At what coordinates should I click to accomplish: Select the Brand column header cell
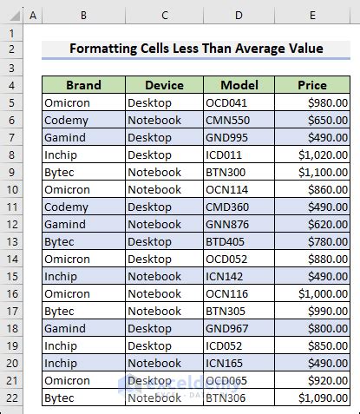pyautogui.click(x=83, y=85)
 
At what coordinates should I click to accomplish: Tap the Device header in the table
pyautogui.click(x=164, y=85)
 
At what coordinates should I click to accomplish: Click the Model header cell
pyautogui.click(x=239, y=85)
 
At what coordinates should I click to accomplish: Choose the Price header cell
pyautogui.click(x=312, y=85)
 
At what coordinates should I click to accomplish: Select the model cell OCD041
pyautogui.click(x=239, y=102)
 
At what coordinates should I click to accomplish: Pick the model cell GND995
pyautogui.click(x=239, y=137)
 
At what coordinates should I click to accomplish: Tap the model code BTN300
pyautogui.click(x=239, y=172)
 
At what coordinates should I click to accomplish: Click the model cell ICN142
pyautogui.click(x=239, y=277)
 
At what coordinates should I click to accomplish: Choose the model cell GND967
pyautogui.click(x=239, y=329)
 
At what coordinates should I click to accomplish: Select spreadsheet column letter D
pyautogui.click(x=239, y=16)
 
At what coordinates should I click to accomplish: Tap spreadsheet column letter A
pyautogui.click(x=33, y=16)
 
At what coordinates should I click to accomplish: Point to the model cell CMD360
pyautogui.click(x=239, y=207)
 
